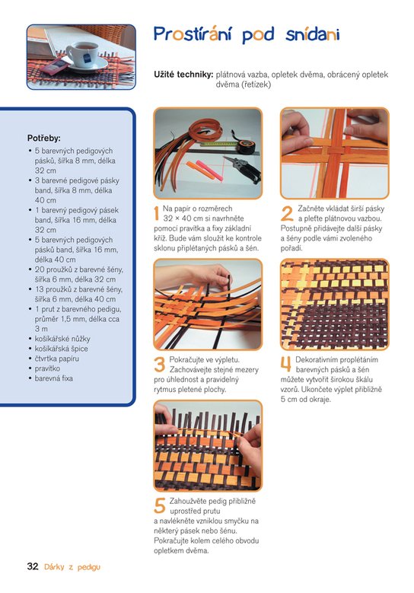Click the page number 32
[33, 566]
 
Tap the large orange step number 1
[156, 214]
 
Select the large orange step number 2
[287, 214]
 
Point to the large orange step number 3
[160, 365]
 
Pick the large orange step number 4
[286, 365]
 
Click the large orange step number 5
[160, 506]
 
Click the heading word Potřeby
[43, 139]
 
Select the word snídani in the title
[312, 34]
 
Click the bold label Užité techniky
[183, 75]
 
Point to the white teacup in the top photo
[82, 54]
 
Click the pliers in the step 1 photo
[242, 168]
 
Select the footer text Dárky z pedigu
[72, 566]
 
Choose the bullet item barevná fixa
[54, 378]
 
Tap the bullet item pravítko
[47, 368]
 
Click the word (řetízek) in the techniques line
[243, 84]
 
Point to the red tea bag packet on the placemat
[54, 66]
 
